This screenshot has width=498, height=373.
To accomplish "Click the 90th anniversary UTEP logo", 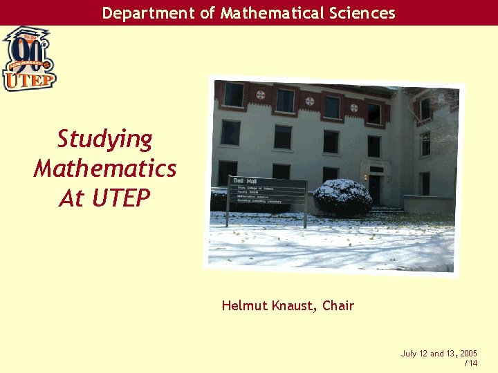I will [28, 59].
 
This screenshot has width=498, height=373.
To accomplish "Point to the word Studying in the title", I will [104, 139].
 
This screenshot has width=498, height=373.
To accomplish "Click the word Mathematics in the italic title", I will [104, 169].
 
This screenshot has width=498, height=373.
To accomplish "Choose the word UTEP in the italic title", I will [120, 198].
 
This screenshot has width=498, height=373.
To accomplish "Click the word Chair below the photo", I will [338, 305].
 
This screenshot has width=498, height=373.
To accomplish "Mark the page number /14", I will [470, 363].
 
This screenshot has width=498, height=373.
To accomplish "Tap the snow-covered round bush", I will [342, 196].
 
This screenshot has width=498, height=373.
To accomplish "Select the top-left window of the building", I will [234, 95].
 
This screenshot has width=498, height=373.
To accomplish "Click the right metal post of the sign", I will [305, 207].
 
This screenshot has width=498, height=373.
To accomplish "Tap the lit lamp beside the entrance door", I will [366, 178].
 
